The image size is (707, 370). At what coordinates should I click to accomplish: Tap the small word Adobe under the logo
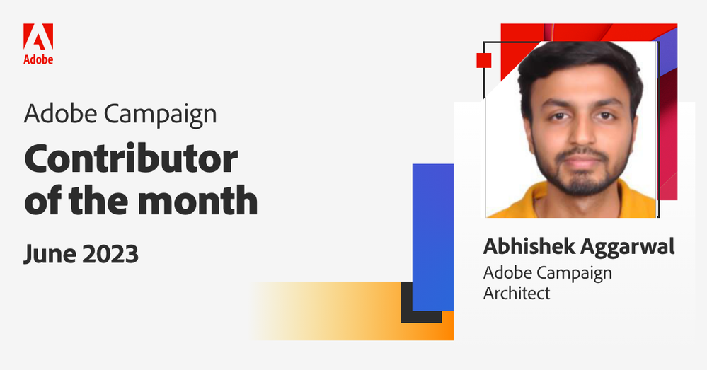pyautogui.click(x=38, y=60)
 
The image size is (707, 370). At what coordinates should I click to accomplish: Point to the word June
pyautogui.click(x=49, y=254)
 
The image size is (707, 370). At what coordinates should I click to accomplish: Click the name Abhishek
pyautogui.click(x=528, y=248)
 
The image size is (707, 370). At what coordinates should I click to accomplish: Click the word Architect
pyautogui.click(x=517, y=293)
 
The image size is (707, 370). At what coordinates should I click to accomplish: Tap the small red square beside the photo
pyautogui.click(x=484, y=59)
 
